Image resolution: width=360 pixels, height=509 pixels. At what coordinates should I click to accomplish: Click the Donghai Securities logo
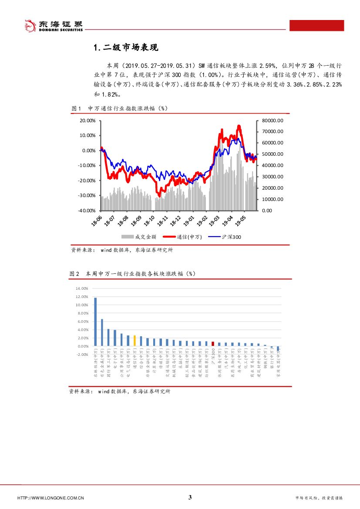(x=53, y=26)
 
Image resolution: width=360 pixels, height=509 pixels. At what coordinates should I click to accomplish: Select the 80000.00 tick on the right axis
(x=273, y=121)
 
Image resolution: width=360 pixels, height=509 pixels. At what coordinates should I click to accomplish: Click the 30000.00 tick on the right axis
(x=273, y=177)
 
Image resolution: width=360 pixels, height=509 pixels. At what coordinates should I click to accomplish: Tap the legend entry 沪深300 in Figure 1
(x=231, y=237)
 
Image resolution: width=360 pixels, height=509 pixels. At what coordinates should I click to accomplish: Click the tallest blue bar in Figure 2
(x=95, y=321)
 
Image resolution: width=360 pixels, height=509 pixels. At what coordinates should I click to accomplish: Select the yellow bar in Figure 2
(x=135, y=340)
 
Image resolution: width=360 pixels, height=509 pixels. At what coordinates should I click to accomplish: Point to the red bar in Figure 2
(x=212, y=344)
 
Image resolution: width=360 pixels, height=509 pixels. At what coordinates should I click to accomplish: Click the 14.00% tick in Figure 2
(x=82, y=288)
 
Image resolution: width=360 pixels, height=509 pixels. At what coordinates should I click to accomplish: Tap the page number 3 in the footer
(x=190, y=498)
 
